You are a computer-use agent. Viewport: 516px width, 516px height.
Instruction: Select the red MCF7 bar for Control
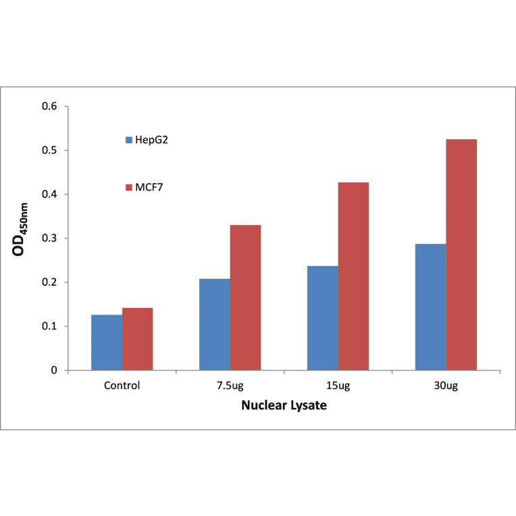[137, 339]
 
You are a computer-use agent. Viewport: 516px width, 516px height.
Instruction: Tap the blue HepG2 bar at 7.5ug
[215, 324]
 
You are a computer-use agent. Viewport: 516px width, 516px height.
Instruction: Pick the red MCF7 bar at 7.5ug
[245, 297]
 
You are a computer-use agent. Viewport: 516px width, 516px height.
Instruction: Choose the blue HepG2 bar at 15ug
[323, 317]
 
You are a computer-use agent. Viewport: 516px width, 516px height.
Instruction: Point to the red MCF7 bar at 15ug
[353, 276]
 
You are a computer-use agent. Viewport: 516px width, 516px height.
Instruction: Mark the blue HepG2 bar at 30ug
[430, 307]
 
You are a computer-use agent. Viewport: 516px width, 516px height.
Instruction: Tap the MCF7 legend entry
[145, 186]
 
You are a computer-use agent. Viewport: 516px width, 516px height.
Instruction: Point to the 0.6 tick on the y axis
[50, 107]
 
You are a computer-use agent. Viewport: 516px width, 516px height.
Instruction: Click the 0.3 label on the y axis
[50, 238]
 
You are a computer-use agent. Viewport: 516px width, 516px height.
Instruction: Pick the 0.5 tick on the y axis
[50, 151]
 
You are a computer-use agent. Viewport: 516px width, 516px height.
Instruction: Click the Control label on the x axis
[122, 386]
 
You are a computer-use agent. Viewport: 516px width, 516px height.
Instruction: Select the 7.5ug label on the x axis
[230, 386]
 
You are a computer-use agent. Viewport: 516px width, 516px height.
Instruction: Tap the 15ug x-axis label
[338, 386]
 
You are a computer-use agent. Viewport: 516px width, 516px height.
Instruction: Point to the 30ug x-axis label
[446, 386]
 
